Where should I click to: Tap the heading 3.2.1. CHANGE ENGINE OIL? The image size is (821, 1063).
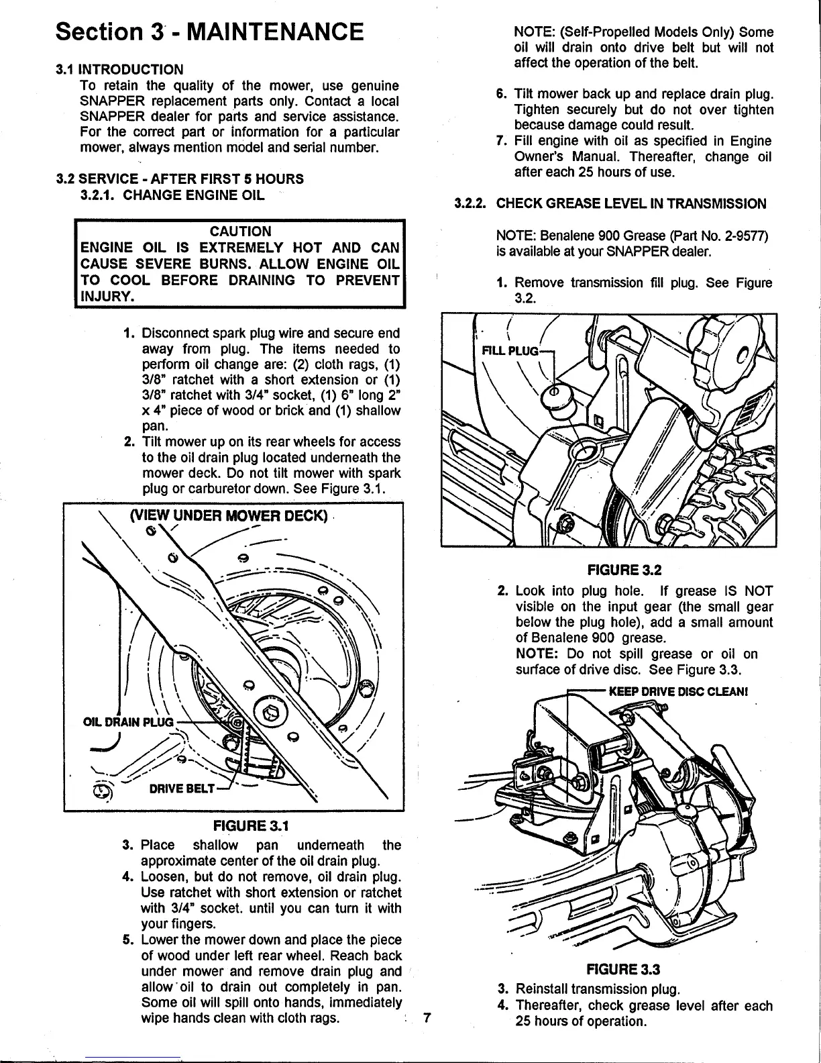tap(172, 195)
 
